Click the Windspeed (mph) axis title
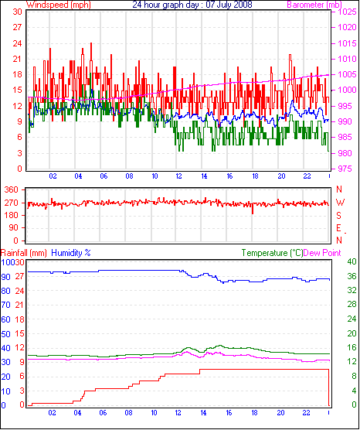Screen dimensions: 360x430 tap(59, 5)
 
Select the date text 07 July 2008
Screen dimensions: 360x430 tap(229, 5)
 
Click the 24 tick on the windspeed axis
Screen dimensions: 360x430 tap(17, 43)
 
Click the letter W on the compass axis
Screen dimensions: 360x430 tap(340, 203)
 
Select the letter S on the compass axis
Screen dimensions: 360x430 tap(339, 216)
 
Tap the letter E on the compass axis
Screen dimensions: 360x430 tap(339, 228)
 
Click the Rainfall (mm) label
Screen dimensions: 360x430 tap(23, 253)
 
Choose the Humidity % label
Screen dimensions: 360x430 tap(71, 253)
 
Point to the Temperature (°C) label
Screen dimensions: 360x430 tap(273, 253)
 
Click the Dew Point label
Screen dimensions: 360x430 tap(322, 253)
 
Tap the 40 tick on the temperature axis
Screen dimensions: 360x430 tap(352, 261)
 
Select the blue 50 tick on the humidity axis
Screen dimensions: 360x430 tap(5, 334)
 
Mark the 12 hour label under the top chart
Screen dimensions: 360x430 tap(179, 176)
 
